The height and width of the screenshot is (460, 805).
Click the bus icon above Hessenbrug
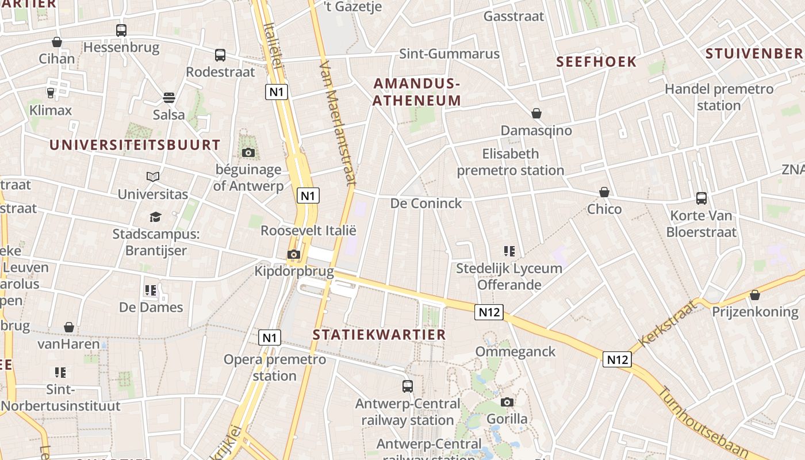tap(121, 30)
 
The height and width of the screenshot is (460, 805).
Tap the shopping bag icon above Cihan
tap(57, 42)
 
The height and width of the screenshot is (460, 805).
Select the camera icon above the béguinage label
tap(248, 152)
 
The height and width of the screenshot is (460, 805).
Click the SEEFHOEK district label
tap(596, 62)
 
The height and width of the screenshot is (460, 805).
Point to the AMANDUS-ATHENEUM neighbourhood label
tap(417, 92)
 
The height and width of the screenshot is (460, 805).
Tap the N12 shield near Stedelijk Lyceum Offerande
tap(489, 312)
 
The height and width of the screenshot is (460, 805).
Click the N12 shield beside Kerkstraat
tap(617, 359)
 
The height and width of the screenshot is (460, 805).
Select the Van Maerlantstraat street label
tap(336, 123)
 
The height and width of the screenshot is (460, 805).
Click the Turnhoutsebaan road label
tap(702, 423)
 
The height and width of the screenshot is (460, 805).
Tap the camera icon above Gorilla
tap(507, 402)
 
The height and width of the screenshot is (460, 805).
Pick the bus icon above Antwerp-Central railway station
tap(408, 386)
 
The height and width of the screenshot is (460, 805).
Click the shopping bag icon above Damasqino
tap(536, 113)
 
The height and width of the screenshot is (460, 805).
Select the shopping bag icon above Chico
tap(604, 191)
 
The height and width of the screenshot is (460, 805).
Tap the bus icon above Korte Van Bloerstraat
tap(701, 198)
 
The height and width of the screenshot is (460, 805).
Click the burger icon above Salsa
tap(169, 97)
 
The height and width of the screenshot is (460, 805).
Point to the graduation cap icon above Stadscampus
tap(155, 217)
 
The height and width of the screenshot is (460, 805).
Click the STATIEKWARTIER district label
tap(379, 335)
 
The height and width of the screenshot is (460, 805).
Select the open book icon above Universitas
tap(153, 177)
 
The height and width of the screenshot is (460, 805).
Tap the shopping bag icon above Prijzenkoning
tap(755, 295)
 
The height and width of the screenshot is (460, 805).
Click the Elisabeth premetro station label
tap(511, 162)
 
